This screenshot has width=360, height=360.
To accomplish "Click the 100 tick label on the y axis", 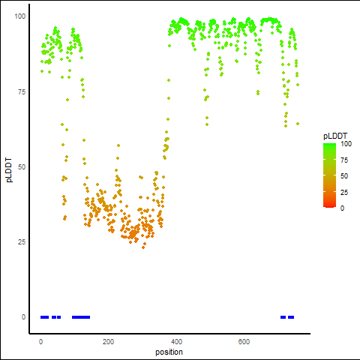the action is coord(20,16).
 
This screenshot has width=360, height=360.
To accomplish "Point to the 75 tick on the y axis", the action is coord(22,92).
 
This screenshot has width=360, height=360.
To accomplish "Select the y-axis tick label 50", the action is coord(22,167).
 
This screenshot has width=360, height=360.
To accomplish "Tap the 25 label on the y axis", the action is coord(22,242).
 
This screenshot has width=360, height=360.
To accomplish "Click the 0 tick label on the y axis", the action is coord(23,317).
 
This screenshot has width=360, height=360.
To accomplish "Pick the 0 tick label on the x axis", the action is coord(40,342).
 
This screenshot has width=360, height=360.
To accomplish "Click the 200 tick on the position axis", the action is coord(108,342).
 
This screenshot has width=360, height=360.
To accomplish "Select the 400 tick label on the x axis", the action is coord(176,342).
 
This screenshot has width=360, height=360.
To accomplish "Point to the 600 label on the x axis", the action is coord(244,342).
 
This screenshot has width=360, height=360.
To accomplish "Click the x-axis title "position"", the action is coord(169,352).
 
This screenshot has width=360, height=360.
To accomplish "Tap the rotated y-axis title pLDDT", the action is coord(9,170).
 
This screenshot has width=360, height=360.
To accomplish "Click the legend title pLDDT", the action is coord(335,136).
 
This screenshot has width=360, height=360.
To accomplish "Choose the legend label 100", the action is coord(346,144).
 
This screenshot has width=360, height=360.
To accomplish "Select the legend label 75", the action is coord(344,160).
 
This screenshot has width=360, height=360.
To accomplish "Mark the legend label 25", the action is coord(344,192).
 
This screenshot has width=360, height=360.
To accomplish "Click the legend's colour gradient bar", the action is coord(329,175).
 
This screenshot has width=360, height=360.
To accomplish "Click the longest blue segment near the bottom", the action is coord(81,317).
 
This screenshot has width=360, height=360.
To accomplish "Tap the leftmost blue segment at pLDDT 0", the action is coord(44,317).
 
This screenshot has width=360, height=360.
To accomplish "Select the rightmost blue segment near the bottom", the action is coord(291,317).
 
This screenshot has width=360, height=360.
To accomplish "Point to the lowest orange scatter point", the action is coord(143,247).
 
